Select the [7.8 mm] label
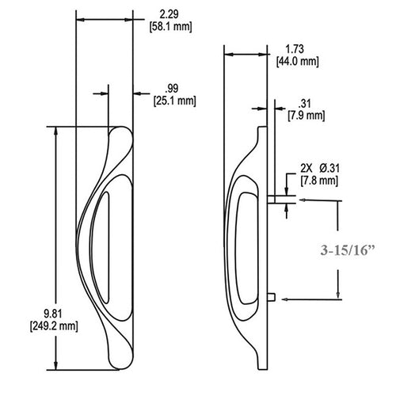pos(321,180)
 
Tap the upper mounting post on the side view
pos(271,200)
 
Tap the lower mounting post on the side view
pos(271,299)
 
